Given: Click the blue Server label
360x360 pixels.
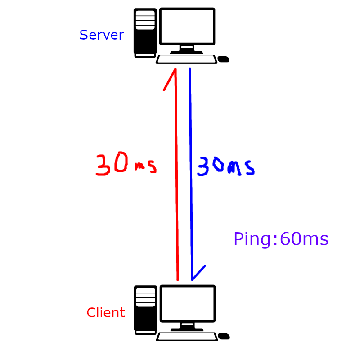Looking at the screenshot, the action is coord(101,35).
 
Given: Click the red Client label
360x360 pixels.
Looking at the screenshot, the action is coord(105,313).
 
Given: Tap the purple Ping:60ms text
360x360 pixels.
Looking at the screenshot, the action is coord(281,239).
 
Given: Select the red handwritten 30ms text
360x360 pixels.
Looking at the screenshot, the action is coord(126,165).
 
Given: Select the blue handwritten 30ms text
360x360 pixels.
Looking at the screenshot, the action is coord(225,167).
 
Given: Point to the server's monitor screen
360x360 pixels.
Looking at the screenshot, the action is coord(187,26).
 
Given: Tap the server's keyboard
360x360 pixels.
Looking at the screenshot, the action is coord(186,59).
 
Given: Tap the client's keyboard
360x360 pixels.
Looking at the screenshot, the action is coord(187,336).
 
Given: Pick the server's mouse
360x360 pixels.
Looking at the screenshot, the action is coord(223,59).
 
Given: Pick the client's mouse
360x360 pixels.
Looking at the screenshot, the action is coord(224,336).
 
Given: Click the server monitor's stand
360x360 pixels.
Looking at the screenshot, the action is coord(187,49).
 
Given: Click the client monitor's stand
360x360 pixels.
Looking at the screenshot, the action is coord(187,326).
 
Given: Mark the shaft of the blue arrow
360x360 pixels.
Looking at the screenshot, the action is coord(191,180).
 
